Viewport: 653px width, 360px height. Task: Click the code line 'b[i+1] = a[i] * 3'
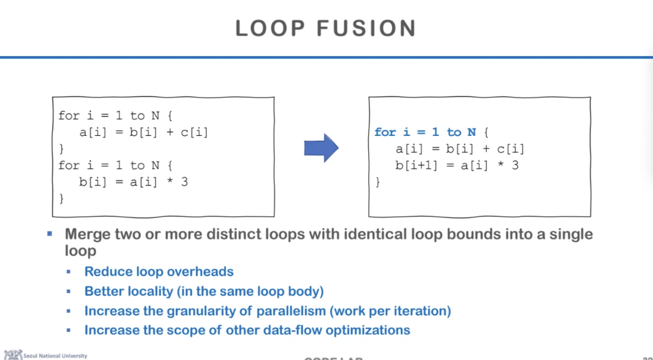456,165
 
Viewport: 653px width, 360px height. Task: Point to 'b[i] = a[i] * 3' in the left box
133,182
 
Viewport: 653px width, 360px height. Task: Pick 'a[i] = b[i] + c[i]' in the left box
144,132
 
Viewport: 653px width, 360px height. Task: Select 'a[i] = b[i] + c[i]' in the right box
460,149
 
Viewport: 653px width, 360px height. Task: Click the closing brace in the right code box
377,182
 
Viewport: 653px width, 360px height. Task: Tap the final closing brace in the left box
61,198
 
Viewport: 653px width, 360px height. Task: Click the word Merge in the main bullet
87,234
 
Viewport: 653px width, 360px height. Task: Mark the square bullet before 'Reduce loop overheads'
69,272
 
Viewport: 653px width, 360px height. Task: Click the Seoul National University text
55,356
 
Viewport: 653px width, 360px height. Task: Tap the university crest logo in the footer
13,355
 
